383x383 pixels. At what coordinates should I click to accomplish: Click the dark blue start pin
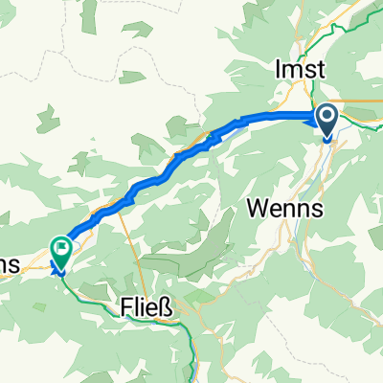tap(327, 123)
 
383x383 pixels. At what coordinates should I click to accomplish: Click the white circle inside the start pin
tap(327, 118)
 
